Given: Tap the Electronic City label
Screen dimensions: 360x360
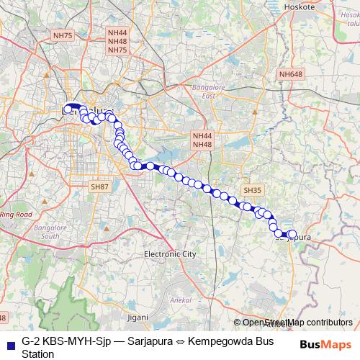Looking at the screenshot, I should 170,254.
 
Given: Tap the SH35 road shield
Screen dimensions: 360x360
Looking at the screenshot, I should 251,190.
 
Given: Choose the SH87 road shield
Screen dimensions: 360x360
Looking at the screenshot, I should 99,186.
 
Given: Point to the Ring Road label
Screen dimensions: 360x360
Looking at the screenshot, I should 16,215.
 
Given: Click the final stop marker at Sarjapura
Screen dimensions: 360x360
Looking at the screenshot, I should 292,234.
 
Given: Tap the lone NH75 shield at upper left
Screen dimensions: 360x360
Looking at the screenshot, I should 63,35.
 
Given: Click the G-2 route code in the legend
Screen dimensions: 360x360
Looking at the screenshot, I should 30,338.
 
